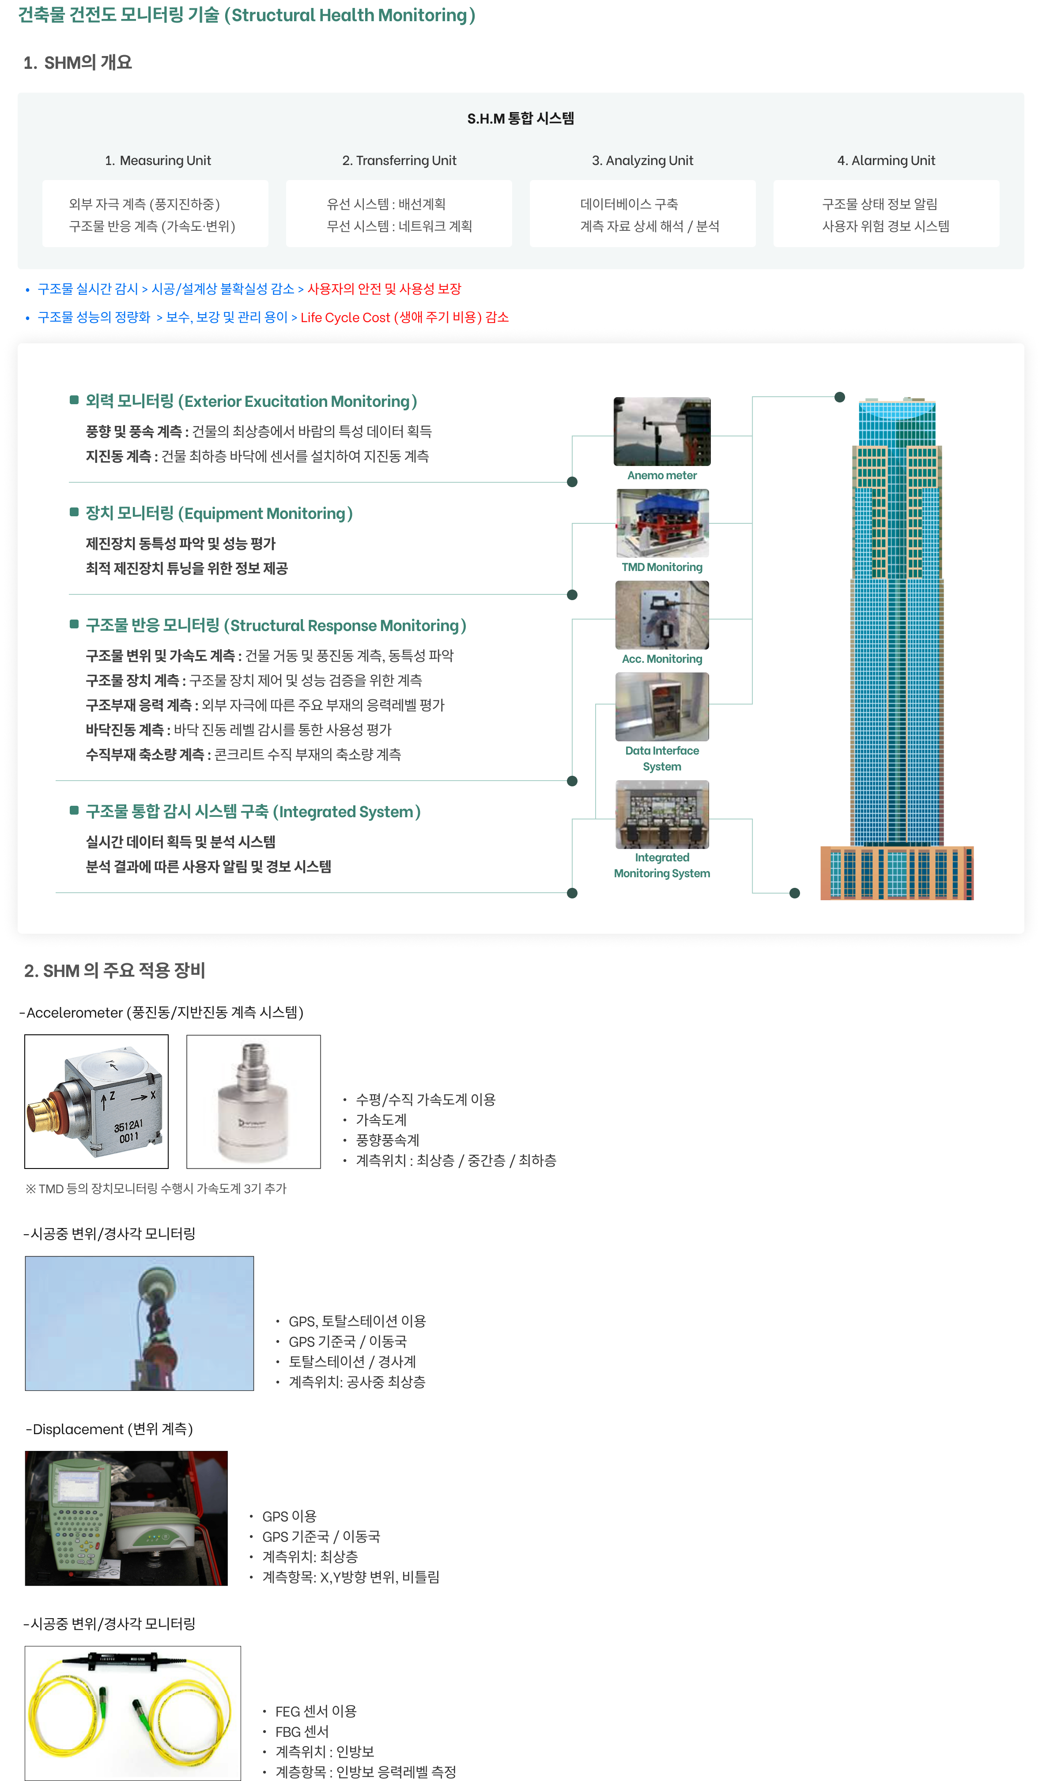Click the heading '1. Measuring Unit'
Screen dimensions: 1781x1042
click(x=158, y=161)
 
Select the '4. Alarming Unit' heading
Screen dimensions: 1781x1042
click(x=886, y=161)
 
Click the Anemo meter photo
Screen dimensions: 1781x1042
click(x=662, y=431)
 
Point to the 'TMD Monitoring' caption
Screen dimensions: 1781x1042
click(x=662, y=567)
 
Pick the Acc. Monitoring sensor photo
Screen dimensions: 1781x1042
click(x=662, y=615)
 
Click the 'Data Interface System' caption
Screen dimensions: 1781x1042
click(x=662, y=759)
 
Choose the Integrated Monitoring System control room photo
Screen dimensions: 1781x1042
click(x=662, y=814)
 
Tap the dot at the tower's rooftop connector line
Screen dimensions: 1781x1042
click(x=840, y=397)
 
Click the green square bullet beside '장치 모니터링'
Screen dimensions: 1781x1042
click(x=74, y=512)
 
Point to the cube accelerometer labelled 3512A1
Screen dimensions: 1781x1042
click(x=97, y=1101)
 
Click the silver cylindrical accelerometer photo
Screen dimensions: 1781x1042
click(x=253, y=1101)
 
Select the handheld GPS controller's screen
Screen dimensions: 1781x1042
click(x=79, y=1486)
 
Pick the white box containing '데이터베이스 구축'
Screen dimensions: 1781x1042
click(x=642, y=214)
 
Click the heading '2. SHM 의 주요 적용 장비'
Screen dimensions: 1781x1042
click(x=114, y=970)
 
